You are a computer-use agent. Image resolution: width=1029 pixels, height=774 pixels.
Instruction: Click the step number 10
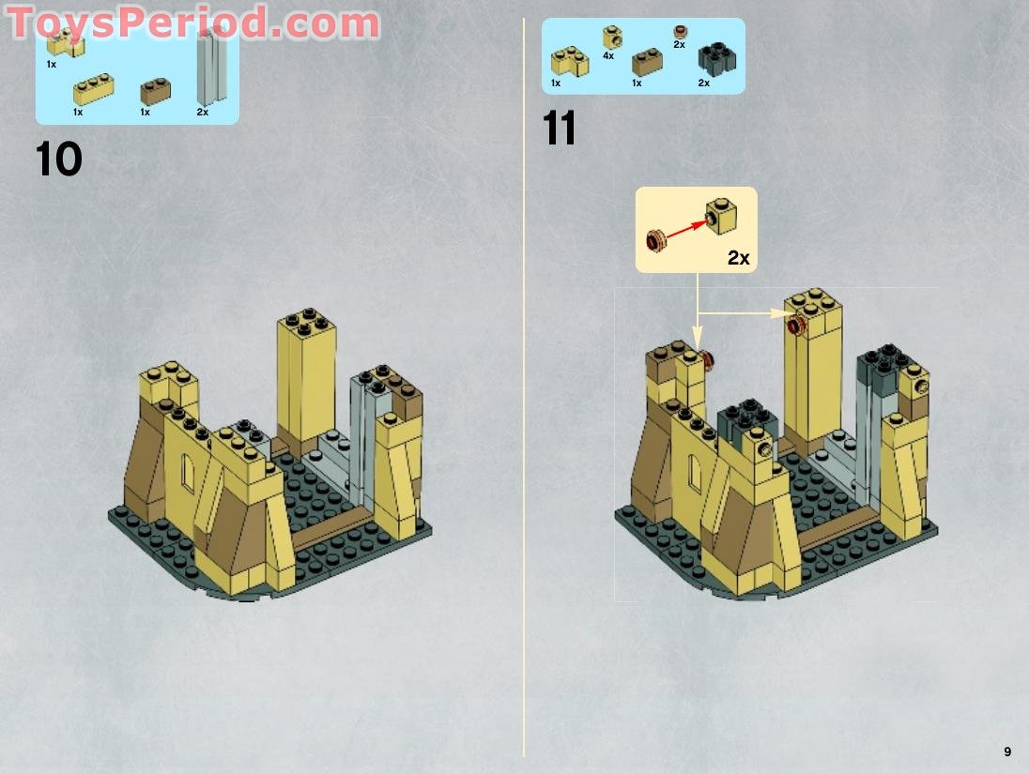point(59,159)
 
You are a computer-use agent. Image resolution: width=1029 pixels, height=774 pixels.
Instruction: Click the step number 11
point(560,129)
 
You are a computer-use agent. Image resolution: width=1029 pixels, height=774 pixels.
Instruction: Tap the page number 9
point(1007,751)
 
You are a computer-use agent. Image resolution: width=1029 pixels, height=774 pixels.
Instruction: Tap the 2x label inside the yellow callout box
point(739,257)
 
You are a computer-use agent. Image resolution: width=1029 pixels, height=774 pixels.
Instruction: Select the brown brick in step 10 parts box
point(155,91)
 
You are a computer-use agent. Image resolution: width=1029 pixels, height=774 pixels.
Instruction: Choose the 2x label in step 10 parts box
point(203,112)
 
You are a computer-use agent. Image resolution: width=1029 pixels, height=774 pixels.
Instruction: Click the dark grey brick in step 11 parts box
point(716,59)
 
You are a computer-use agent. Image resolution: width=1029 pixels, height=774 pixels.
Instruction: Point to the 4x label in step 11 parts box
point(608,56)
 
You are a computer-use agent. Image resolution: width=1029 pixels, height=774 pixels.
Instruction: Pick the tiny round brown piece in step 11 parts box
point(680,32)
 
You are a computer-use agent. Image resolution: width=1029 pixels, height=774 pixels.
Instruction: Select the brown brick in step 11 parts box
point(647,62)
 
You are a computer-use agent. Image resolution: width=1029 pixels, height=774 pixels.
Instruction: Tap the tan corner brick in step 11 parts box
point(569,62)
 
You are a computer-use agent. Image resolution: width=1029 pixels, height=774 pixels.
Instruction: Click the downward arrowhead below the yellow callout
point(698,339)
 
